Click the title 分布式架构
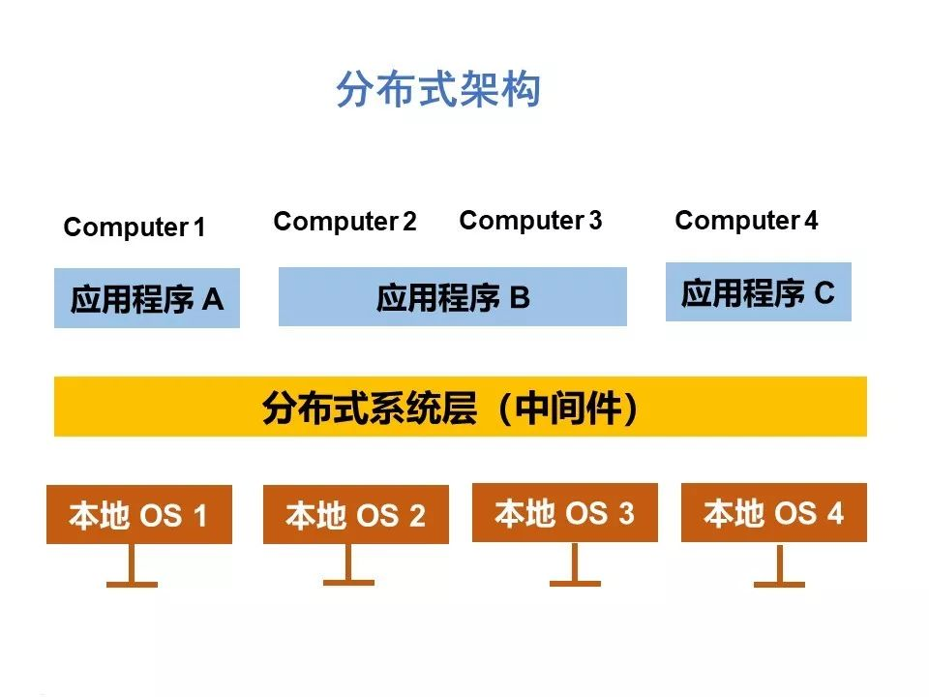tap(437, 89)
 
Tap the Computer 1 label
tap(135, 227)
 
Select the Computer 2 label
tap(345, 222)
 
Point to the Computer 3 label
tap(530, 221)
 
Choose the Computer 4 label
tap(746, 221)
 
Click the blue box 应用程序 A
tap(147, 298)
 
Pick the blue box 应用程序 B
tap(453, 296)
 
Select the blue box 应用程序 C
tap(759, 292)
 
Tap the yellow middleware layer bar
tap(461, 407)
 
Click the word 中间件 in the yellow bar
tap(568, 409)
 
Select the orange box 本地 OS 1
tap(139, 514)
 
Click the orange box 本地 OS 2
tap(356, 514)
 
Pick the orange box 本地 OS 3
tap(564, 513)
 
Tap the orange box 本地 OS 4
tap(774, 513)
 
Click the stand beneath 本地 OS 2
tap(348, 564)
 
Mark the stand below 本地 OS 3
tap(575, 564)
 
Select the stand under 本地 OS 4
tap(779, 564)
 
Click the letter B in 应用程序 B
tap(520, 297)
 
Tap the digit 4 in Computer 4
tap(811, 221)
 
